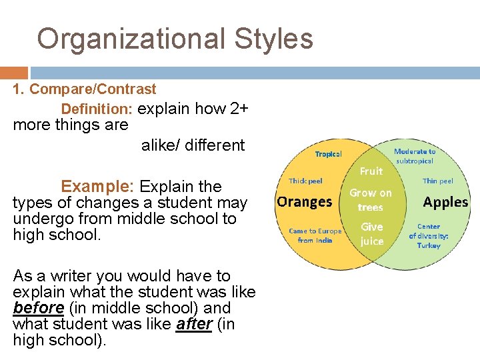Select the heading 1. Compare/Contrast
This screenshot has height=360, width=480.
[85, 89]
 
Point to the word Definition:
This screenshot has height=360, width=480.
[97, 109]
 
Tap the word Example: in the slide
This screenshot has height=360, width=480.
[98, 186]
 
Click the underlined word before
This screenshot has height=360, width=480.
[38, 308]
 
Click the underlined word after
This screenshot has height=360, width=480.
[194, 324]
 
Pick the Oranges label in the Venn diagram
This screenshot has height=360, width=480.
[304, 201]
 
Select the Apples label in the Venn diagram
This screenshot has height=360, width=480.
[445, 201]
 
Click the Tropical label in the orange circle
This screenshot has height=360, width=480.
[328, 154]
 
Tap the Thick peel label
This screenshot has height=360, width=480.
[305, 181]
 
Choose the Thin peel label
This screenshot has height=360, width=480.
[438, 181]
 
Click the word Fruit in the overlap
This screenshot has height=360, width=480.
[371, 171]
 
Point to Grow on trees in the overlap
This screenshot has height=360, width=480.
[371, 199]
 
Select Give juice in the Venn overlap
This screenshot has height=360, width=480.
[371, 233]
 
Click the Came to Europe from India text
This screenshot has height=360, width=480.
[315, 235]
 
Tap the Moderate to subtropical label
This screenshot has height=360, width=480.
[414, 156]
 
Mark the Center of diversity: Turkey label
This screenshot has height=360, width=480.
[429, 236]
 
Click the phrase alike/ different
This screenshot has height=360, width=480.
[193, 145]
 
